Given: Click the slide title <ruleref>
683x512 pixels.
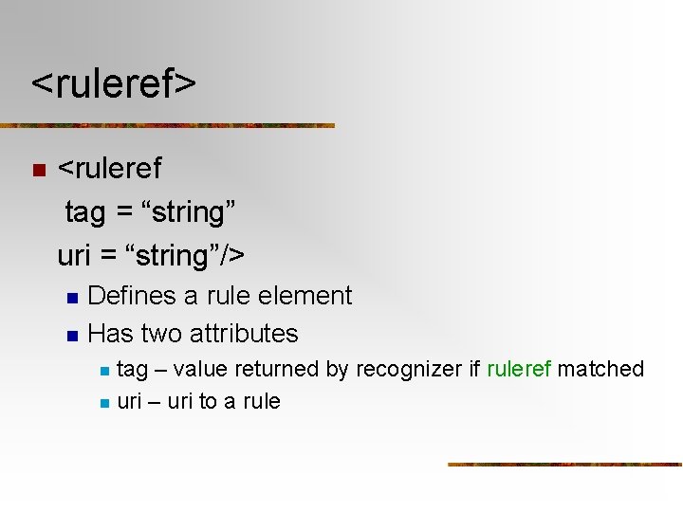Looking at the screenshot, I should click(114, 83).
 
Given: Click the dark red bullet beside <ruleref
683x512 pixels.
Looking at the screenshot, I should click(38, 171).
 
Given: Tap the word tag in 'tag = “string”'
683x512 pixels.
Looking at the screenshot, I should click(85, 213).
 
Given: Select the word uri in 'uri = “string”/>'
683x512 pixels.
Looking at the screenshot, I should click(74, 256).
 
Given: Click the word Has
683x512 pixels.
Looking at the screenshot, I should click(110, 334).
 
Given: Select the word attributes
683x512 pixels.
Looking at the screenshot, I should click(244, 334).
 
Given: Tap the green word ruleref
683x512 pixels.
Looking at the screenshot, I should click(519, 369).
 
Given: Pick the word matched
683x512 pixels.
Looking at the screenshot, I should click(600, 369).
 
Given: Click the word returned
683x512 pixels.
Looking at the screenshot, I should click(280, 369).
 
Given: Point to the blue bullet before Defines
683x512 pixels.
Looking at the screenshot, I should click(72, 298).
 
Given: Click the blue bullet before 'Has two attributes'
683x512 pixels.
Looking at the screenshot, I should click(72, 336).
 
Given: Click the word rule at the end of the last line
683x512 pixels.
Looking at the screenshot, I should click(262, 401).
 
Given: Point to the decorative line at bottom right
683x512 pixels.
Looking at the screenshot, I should click(564, 465).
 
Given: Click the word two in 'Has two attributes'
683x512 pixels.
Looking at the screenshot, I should click(161, 334).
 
